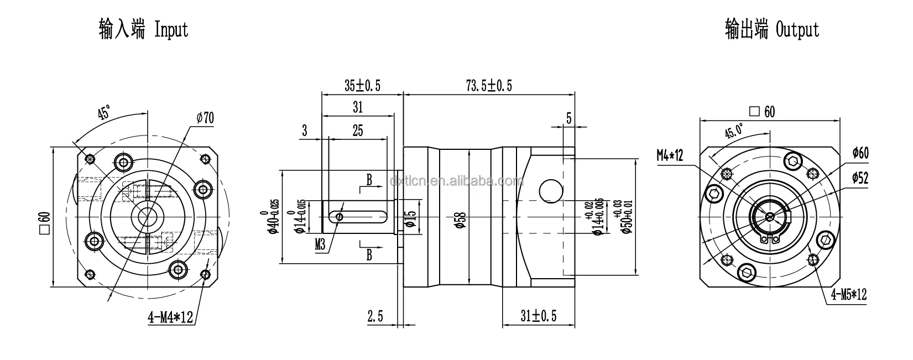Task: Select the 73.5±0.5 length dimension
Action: tap(489, 86)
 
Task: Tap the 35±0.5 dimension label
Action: tap(362, 86)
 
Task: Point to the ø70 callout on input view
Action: tap(205, 117)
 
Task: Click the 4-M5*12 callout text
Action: tap(847, 295)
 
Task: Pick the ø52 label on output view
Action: tap(860, 178)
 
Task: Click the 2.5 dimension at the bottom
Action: tap(375, 316)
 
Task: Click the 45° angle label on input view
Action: tap(103, 114)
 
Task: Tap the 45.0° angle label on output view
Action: tap(734, 132)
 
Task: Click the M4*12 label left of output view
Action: tap(670, 155)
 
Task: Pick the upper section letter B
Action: tap(369, 180)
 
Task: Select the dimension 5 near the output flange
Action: tap(568, 117)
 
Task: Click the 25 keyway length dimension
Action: tap(358, 131)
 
